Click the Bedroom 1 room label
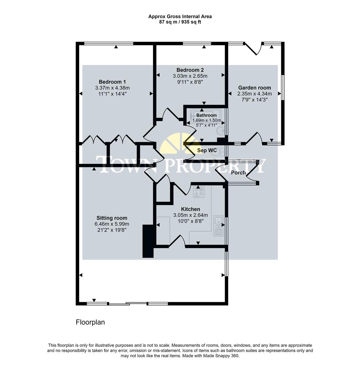pos(112,82)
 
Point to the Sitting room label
pos(112,218)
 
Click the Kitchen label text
pos(190,209)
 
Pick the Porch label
pos(238,173)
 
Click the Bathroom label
pos(207,115)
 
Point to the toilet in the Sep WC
pos(216,152)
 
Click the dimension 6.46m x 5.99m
pos(112,224)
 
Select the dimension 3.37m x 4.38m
pos(112,88)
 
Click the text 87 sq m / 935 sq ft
pos(180,22)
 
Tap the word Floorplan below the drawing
pos(90,322)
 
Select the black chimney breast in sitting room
pos(148,241)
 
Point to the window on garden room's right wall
pos(283,88)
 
